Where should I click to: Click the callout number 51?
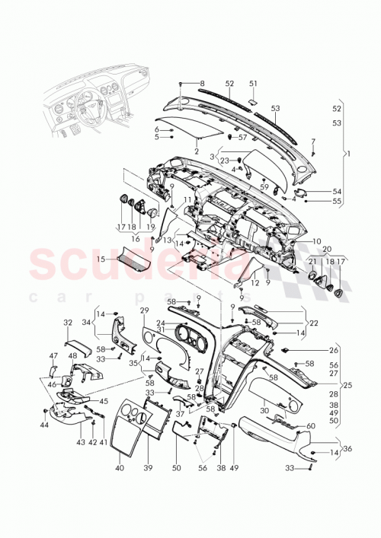tap(253, 84)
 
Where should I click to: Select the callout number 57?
tap(244, 138)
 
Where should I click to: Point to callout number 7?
tap(312, 142)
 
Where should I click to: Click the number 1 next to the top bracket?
tap(350, 154)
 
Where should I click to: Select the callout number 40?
tap(119, 468)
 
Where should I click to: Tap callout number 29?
tap(144, 312)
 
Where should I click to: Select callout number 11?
tap(187, 199)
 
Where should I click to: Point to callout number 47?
tap(53, 355)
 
